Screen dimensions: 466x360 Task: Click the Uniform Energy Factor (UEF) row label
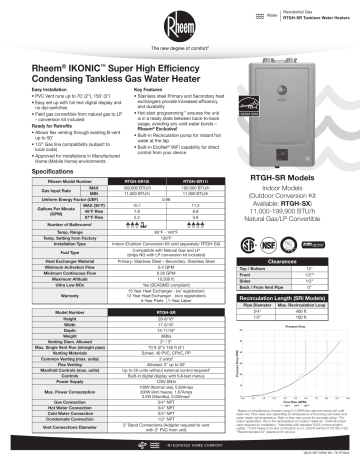52,171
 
